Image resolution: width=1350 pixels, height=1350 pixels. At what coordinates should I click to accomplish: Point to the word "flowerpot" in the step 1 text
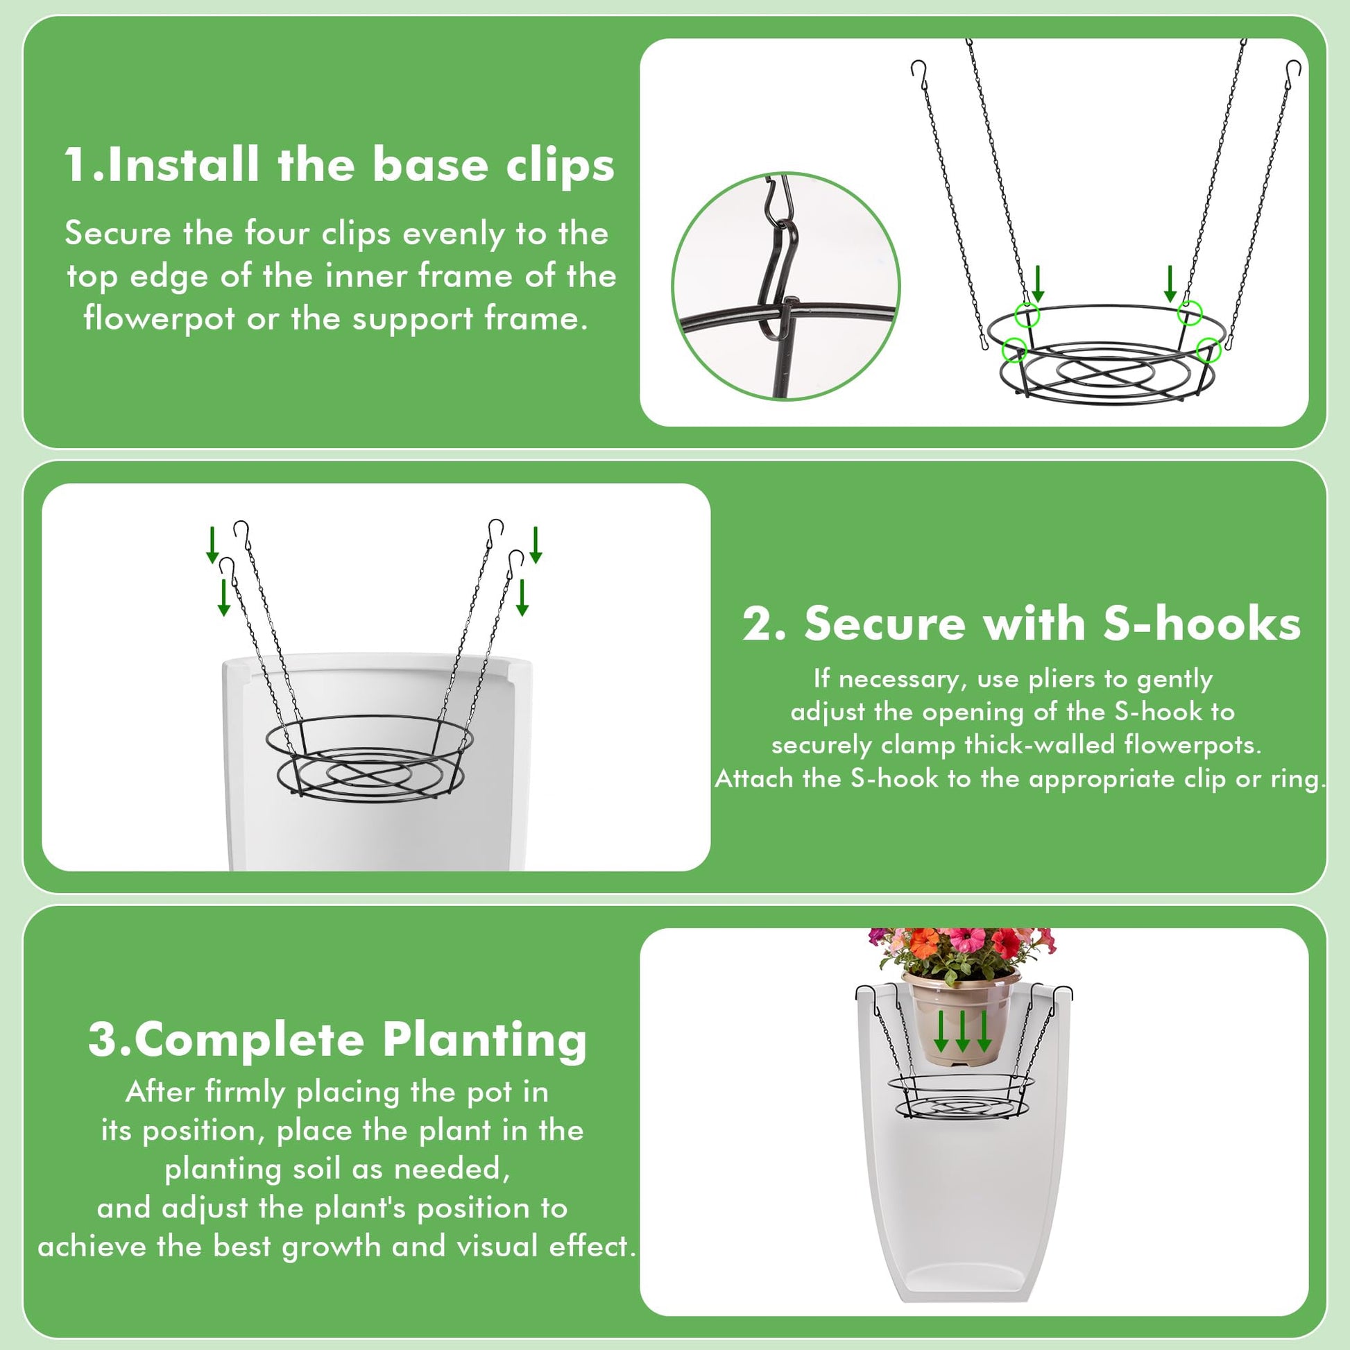click(x=160, y=319)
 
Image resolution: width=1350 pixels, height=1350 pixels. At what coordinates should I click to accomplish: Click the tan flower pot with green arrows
click(x=962, y=1016)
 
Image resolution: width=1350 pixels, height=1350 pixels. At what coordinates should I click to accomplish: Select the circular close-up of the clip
click(x=785, y=286)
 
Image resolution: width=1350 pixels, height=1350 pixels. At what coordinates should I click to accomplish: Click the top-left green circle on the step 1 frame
click(x=1029, y=315)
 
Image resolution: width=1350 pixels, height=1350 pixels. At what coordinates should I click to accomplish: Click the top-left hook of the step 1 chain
click(x=919, y=69)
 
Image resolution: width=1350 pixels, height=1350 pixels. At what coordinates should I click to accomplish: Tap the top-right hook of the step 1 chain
click(x=1294, y=69)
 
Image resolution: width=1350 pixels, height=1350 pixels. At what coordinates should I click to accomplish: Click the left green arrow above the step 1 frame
click(x=1038, y=283)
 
